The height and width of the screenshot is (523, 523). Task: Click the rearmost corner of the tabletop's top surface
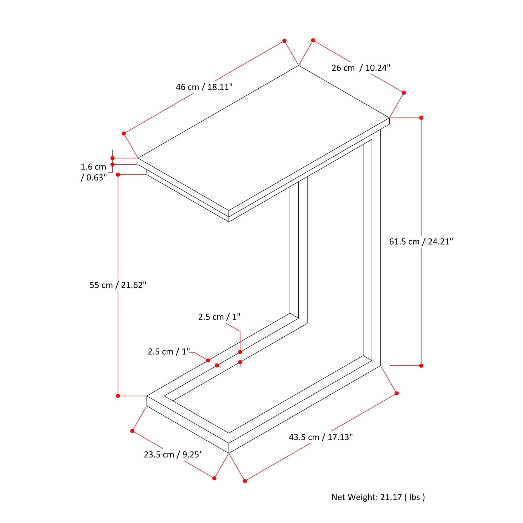[298, 65]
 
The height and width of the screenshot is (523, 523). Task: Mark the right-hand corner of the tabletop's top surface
[389, 118]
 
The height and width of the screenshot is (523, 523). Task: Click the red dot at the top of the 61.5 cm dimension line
[421, 118]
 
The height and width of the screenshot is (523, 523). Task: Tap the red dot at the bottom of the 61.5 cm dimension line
[421, 366]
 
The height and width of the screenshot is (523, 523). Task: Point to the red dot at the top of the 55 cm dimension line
[118, 175]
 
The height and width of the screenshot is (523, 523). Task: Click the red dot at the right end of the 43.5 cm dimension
[397, 393]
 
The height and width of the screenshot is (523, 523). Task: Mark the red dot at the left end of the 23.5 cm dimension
[132, 431]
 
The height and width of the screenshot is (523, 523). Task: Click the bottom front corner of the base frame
[229, 453]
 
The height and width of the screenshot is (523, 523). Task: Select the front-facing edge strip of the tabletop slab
[183, 187]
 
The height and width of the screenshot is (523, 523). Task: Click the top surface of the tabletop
[264, 138]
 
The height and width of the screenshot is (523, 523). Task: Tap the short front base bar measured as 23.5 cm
[188, 424]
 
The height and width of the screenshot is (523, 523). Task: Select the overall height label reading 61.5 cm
[421, 241]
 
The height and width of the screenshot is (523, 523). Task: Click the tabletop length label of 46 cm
[204, 87]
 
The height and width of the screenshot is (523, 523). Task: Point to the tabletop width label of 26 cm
[361, 68]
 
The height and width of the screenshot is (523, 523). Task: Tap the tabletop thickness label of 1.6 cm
[94, 172]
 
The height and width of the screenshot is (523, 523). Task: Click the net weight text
[378, 497]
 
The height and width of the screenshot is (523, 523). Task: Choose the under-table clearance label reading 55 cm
[118, 285]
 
